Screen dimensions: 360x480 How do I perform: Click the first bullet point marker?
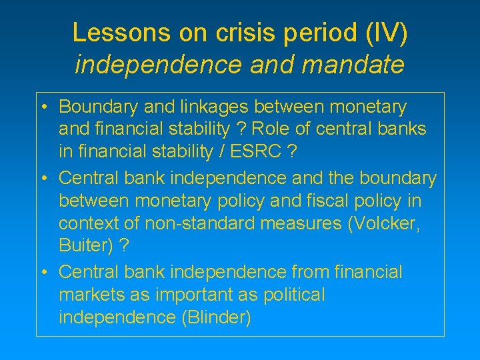pyautogui.click(x=43, y=107)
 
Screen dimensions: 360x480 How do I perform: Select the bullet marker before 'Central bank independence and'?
pyautogui.click(x=43, y=179)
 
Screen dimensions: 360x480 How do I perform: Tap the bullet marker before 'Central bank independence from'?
pyautogui.click(x=43, y=273)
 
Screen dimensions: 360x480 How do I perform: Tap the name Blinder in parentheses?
pyautogui.click(x=215, y=318)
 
